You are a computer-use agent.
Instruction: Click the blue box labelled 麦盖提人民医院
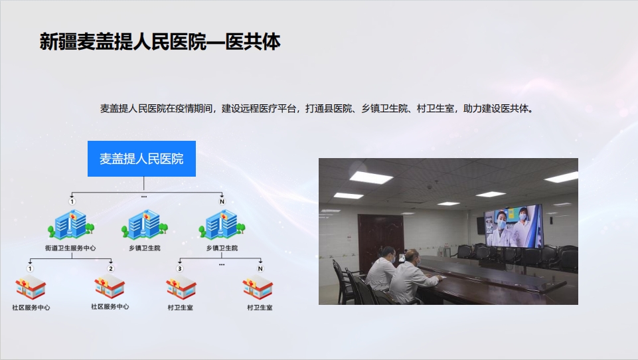pos(141,159)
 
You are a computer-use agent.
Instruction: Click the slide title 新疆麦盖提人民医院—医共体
pos(160,42)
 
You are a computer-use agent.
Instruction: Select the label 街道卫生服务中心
pos(70,248)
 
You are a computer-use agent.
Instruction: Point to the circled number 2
pos(111,268)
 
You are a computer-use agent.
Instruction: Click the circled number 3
pos(179,268)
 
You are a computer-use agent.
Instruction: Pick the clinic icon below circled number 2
pos(110,288)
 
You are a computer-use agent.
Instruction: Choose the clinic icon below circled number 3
pos(181,288)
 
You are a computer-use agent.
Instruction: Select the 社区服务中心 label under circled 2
pos(110,307)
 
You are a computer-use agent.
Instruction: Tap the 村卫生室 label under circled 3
pos(181,308)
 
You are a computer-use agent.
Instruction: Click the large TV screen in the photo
pos(513,226)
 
